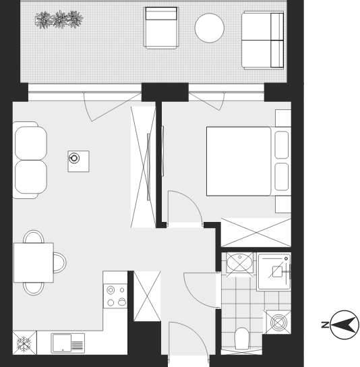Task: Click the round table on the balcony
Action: [x=210, y=28]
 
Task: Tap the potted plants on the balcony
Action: [x=59, y=20]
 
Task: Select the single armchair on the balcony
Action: [x=161, y=28]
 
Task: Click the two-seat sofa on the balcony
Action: [x=263, y=40]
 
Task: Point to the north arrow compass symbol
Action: [x=344, y=324]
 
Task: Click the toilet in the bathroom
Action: [x=242, y=339]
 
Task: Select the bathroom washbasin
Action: [x=239, y=262]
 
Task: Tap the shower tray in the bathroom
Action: [x=274, y=271]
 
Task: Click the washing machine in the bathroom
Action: [x=278, y=322]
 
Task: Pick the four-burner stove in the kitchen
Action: [x=115, y=296]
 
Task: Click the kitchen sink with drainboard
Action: [x=68, y=343]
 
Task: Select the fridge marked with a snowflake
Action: [x=24, y=343]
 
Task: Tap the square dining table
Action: [x=34, y=262]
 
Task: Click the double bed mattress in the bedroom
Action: [x=239, y=161]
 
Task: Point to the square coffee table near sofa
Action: [x=79, y=161]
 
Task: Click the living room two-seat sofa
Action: [x=30, y=161]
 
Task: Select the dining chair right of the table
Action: [x=59, y=262]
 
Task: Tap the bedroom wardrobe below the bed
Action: [x=256, y=233]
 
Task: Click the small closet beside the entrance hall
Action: [x=147, y=296]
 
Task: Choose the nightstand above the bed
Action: [x=283, y=118]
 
